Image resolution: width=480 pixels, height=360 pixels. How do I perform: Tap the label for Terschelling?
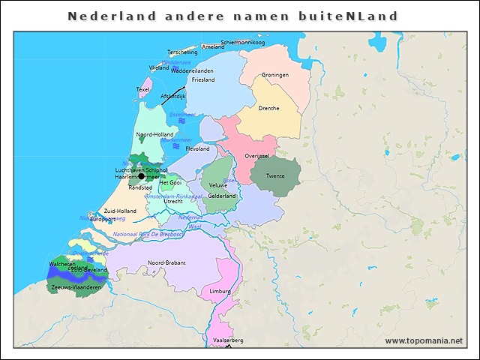(x=182, y=52)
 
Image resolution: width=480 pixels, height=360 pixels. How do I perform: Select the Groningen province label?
(x=275, y=75)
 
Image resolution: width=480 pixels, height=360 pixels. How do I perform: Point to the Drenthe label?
(x=268, y=108)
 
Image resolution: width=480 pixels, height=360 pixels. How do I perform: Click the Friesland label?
(x=203, y=79)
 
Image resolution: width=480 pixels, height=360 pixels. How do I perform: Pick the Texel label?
(x=142, y=89)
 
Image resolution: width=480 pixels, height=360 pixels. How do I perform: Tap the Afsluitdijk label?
(x=173, y=96)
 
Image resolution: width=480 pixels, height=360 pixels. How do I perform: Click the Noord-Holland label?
(x=154, y=135)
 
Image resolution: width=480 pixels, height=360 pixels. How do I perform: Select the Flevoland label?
(x=197, y=148)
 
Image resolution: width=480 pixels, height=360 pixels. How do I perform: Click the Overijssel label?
(x=256, y=156)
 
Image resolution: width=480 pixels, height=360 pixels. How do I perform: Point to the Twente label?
(x=275, y=175)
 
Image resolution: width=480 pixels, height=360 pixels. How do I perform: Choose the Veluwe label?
(x=217, y=184)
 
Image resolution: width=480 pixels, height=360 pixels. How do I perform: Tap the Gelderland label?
(x=221, y=196)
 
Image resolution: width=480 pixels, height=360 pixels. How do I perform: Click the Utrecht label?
(x=173, y=201)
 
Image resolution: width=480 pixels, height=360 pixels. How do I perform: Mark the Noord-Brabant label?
(x=166, y=262)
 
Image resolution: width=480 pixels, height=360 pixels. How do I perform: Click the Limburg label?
(x=220, y=290)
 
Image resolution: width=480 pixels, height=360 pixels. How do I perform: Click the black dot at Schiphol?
(x=141, y=176)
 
